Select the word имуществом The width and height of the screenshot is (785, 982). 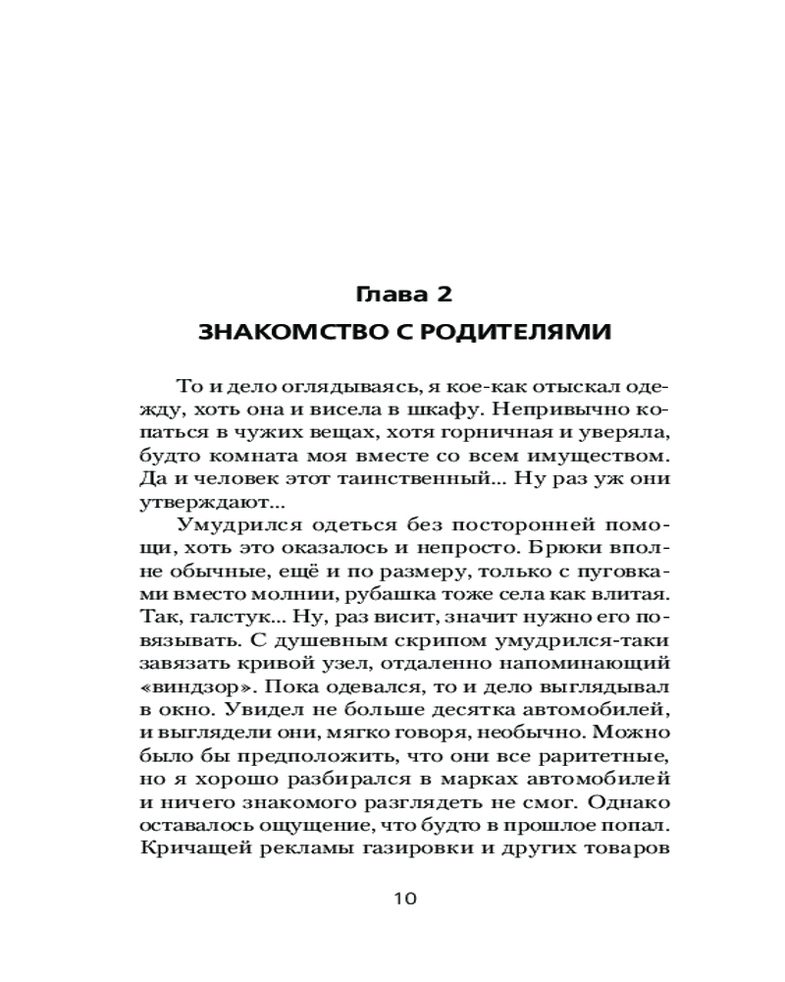coord(602,459)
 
